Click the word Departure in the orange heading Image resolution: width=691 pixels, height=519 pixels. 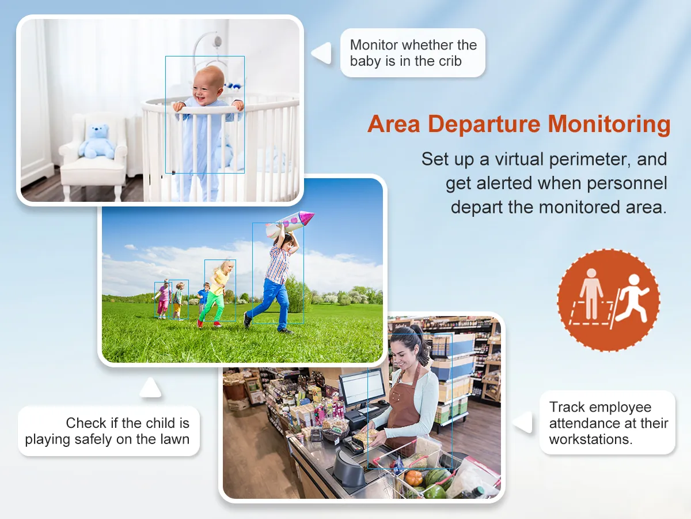pos(484,125)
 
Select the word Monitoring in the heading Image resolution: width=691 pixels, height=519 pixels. pos(609,124)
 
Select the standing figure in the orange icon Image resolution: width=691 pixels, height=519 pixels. pos(591,294)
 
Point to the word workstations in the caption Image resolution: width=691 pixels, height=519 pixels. pos(591,439)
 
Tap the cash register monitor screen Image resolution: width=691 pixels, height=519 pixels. pos(362,388)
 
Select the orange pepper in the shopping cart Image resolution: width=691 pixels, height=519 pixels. pos(413,477)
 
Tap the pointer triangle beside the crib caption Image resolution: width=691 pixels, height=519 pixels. pos(322,53)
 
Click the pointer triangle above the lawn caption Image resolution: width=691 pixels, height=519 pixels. pos(150,387)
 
